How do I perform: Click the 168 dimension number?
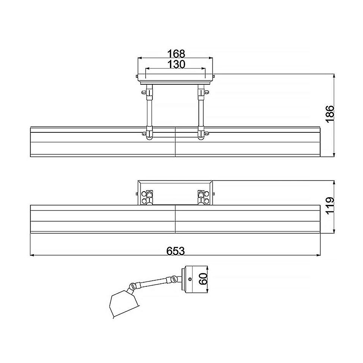[176, 54]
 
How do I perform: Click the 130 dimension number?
[176, 64]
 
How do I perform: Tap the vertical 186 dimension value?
[330, 114]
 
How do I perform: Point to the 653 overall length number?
[176, 251]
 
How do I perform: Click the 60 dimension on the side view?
[203, 279]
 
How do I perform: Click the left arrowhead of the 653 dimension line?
[32, 255]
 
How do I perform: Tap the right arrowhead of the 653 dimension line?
[318, 255]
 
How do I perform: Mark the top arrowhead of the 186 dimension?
[334, 76]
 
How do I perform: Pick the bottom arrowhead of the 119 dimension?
[334, 231]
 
